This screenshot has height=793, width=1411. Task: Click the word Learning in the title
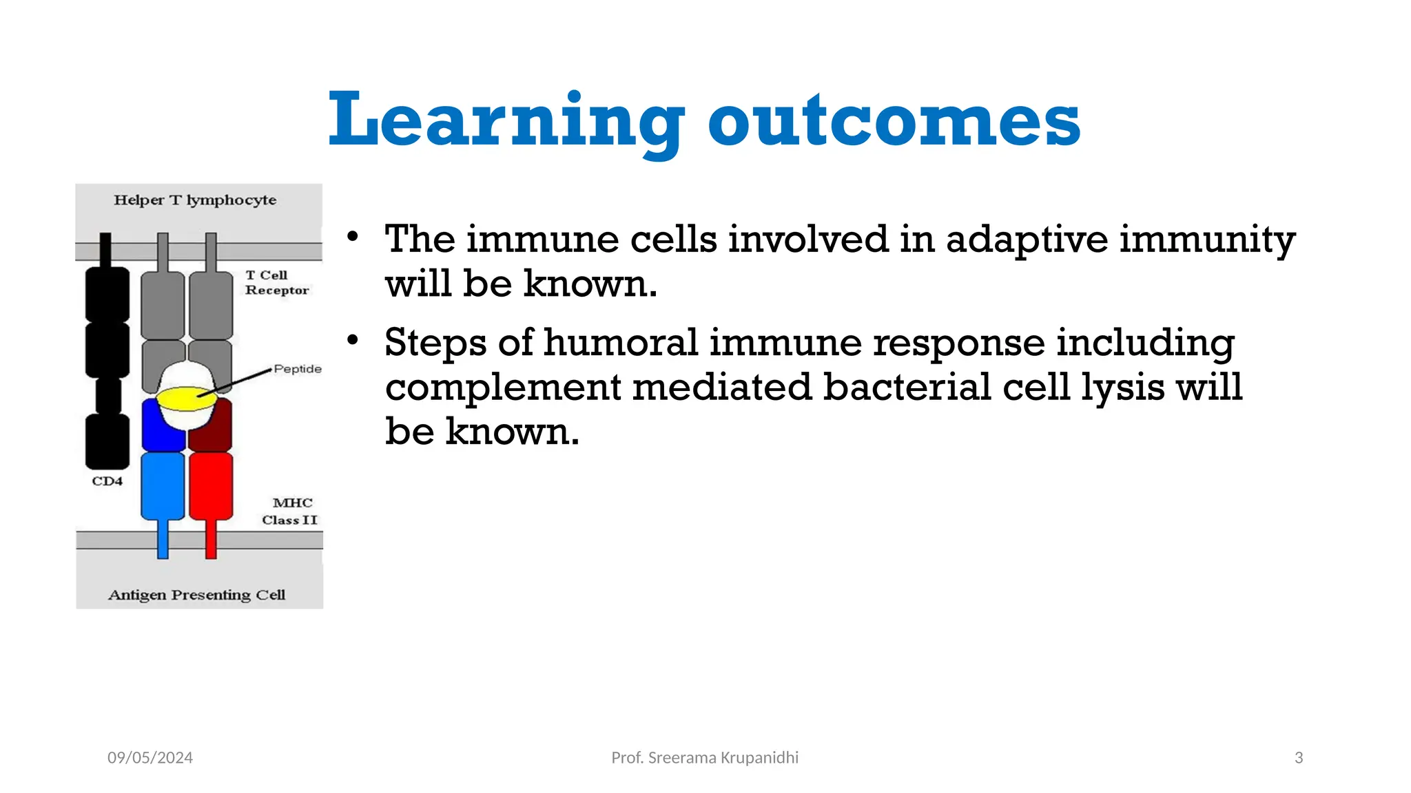click(506, 121)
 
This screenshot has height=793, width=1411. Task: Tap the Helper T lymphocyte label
click(195, 200)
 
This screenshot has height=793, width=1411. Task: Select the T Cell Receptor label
click(276, 283)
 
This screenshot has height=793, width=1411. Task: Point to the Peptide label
click(298, 369)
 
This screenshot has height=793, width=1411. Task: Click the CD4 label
click(107, 481)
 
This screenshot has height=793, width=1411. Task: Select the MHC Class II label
click(290, 511)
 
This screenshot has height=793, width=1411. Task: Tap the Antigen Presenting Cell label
click(196, 595)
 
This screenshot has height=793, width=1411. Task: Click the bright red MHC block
click(211, 485)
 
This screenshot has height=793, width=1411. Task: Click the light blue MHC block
click(163, 485)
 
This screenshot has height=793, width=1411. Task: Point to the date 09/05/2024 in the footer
click(150, 758)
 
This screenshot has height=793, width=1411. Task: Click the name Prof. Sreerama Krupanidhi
click(705, 758)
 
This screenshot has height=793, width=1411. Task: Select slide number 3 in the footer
click(1299, 758)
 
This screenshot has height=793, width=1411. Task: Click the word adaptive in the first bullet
click(1027, 240)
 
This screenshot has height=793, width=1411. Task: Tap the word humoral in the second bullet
click(620, 342)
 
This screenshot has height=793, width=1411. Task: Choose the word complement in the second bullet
click(503, 388)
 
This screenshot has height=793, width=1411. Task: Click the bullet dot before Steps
click(353, 339)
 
